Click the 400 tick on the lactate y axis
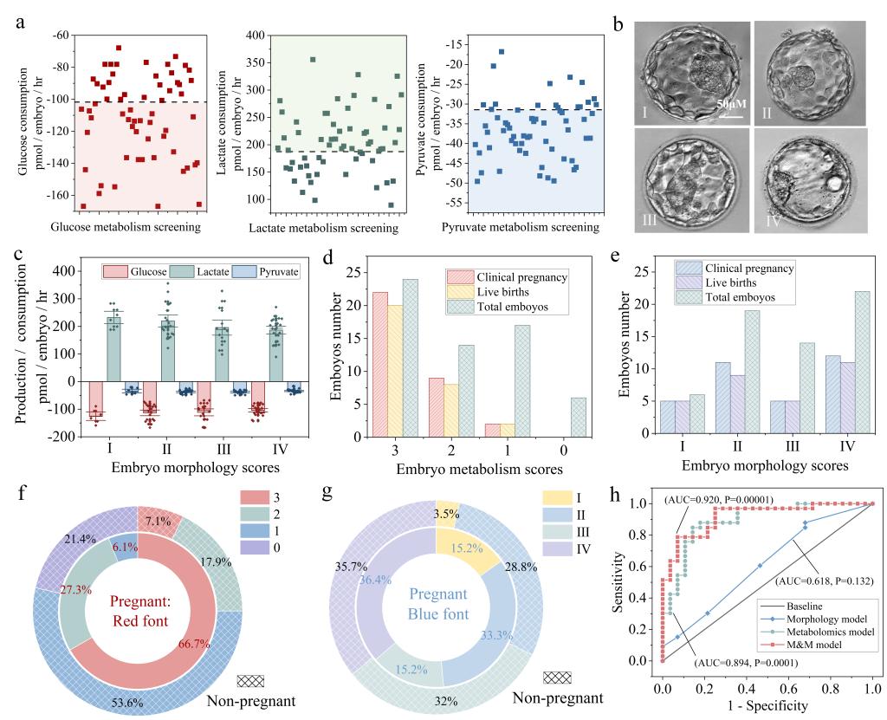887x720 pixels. pos(256,36)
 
